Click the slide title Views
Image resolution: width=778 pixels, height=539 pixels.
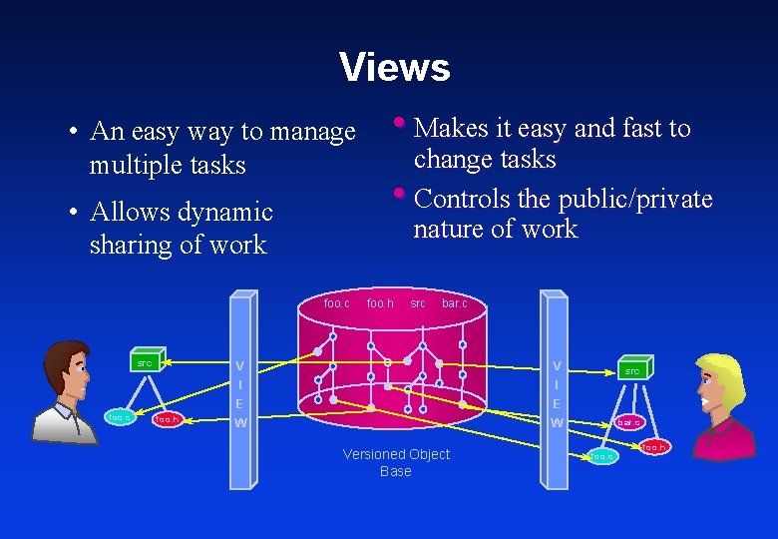coord(394,68)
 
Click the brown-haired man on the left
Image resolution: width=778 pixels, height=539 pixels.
coord(66,390)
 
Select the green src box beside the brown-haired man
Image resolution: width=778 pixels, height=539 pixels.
coord(145,363)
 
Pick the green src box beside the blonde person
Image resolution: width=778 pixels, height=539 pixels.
coord(632,370)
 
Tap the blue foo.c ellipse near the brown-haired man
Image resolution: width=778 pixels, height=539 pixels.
coord(119,417)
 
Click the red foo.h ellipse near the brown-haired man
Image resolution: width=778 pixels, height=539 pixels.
coord(168,420)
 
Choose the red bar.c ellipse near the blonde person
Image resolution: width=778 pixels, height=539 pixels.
coord(628,423)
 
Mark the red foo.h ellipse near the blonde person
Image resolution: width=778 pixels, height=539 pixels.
coord(654,447)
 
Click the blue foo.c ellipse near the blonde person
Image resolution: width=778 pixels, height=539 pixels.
coord(602,457)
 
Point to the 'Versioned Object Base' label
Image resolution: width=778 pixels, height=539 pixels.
coord(396,462)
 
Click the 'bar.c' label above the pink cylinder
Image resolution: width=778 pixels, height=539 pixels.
coord(454,302)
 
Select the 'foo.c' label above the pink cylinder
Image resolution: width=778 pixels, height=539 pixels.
coord(337,302)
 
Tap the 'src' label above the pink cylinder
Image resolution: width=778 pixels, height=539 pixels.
coord(417,302)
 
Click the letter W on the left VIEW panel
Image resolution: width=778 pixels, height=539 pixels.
coord(239,423)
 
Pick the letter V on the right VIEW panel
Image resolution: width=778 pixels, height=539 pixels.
coord(557,365)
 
